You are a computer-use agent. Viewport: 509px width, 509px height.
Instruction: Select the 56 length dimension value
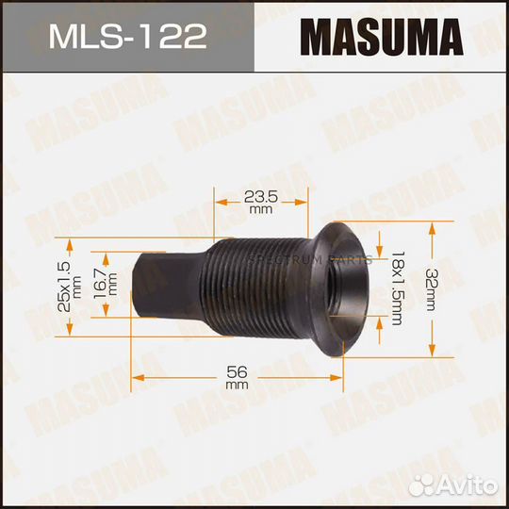237,370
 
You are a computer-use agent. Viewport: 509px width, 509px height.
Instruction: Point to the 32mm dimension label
460,288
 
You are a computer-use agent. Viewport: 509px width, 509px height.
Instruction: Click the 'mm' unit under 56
237,386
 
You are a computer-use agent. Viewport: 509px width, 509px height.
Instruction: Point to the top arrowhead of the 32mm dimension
433,226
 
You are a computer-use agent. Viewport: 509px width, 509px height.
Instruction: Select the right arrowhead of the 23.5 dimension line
303,200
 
